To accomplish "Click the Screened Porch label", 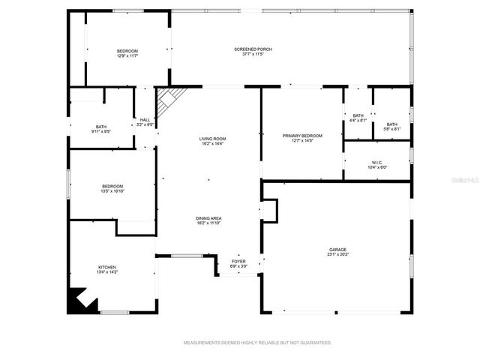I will pos(257,49).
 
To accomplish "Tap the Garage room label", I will pos(337,250).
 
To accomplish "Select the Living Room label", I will pos(212,139).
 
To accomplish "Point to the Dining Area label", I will pos(209,218).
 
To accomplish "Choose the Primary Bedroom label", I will pos(302,136).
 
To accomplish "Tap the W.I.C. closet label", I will pos(377,163).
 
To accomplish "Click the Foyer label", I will pos(237,261).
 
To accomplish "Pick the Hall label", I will pos(145,120).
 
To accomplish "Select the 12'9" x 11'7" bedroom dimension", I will pos(127,55).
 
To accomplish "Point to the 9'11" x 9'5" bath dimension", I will pos(101,131).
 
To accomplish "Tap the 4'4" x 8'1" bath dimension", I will pos(358,120).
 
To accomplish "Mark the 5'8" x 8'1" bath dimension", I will pos(391,128).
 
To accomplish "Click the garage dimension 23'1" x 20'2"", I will pos(337,254).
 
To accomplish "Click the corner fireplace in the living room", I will pos(169,96).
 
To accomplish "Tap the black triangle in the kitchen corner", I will pos(78,301).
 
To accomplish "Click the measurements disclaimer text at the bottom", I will pos(257,342).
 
